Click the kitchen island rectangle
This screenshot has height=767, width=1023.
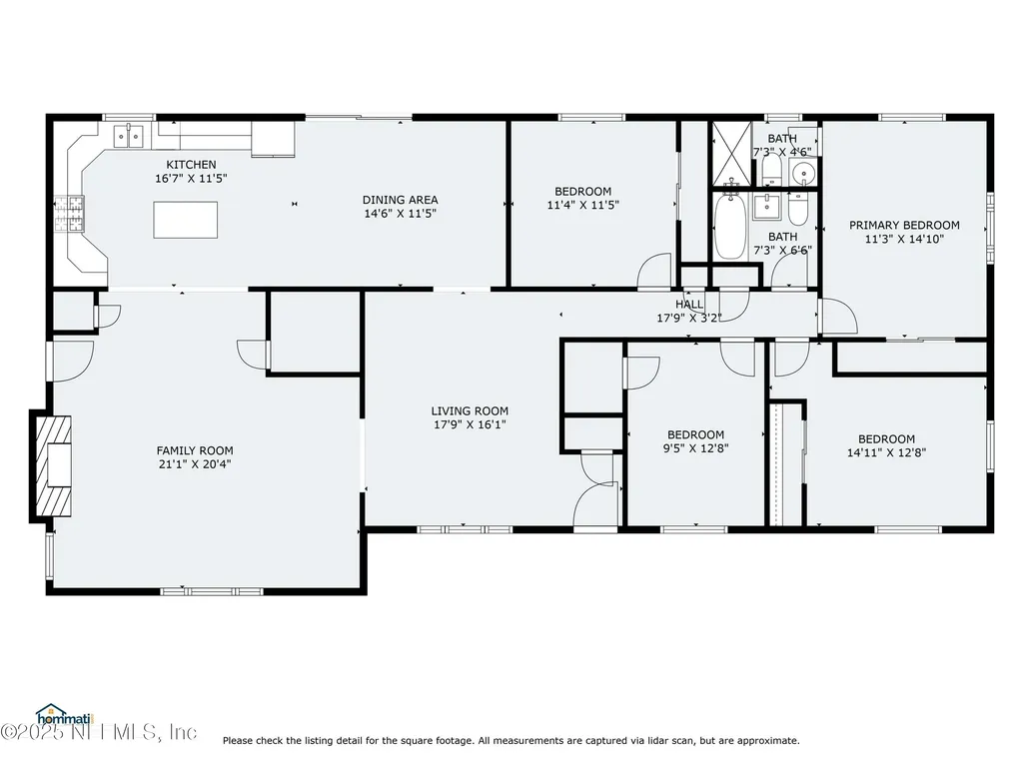pyautogui.click(x=186, y=220)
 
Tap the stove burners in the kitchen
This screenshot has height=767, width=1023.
pyautogui.click(x=70, y=211)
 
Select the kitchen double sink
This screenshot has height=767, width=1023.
pyautogui.click(x=131, y=135)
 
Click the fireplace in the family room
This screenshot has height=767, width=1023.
pyautogui.click(x=54, y=465)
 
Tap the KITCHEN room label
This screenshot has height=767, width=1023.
pyautogui.click(x=191, y=165)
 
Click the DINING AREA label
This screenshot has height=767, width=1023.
pyautogui.click(x=400, y=200)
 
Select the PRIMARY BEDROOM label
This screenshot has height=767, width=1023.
pyautogui.click(x=904, y=226)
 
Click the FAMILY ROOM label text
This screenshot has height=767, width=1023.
pyautogui.click(x=194, y=450)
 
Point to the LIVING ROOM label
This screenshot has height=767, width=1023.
pyautogui.click(x=470, y=410)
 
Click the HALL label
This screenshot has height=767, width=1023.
pyautogui.click(x=689, y=305)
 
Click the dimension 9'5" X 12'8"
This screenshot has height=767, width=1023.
pyautogui.click(x=695, y=448)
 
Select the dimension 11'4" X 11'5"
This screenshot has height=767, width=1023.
pyautogui.click(x=582, y=205)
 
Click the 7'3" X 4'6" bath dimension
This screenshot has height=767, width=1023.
pyautogui.click(x=782, y=152)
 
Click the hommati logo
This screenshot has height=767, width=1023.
pyautogui.click(x=63, y=714)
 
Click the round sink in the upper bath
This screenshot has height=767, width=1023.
pyautogui.click(x=803, y=175)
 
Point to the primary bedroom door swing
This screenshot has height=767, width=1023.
pyautogui.click(x=839, y=318)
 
